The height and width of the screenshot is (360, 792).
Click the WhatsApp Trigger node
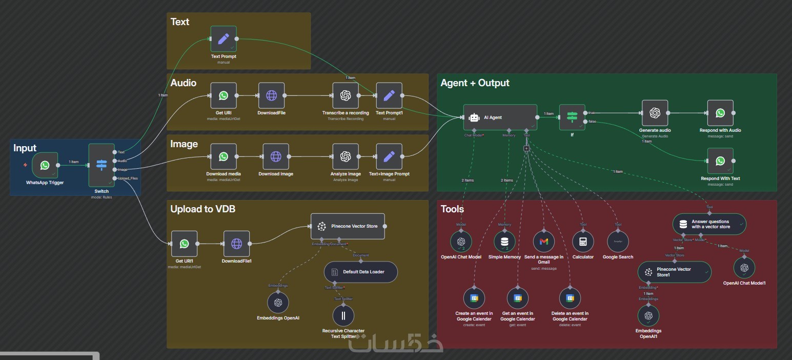point(45,165)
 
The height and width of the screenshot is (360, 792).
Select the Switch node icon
point(101,165)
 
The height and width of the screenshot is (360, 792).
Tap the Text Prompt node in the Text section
point(224,39)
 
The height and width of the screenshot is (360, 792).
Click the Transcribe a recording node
point(346,96)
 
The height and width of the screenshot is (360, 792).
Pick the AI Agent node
point(500,117)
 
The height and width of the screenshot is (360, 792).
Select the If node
point(572,117)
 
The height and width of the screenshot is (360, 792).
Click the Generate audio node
point(655,113)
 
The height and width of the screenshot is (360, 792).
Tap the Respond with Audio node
point(720,113)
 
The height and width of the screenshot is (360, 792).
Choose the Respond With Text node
point(720,161)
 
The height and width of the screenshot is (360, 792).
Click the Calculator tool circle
point(583,242)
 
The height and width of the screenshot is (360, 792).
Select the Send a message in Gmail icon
point(544,242)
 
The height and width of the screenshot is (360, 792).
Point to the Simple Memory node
point(505,242)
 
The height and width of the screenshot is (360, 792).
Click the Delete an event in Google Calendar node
point(570,298)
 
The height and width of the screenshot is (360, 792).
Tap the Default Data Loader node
point(361,272)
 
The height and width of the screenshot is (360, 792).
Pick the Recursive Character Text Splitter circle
point(343,315)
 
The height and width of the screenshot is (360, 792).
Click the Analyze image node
point(346,157)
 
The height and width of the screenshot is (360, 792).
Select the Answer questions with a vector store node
point(709,224)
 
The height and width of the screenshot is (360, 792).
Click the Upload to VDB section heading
point(202,209)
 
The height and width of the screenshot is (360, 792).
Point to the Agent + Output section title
point(475,83)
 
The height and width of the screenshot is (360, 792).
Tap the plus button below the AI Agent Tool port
point(526,148)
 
